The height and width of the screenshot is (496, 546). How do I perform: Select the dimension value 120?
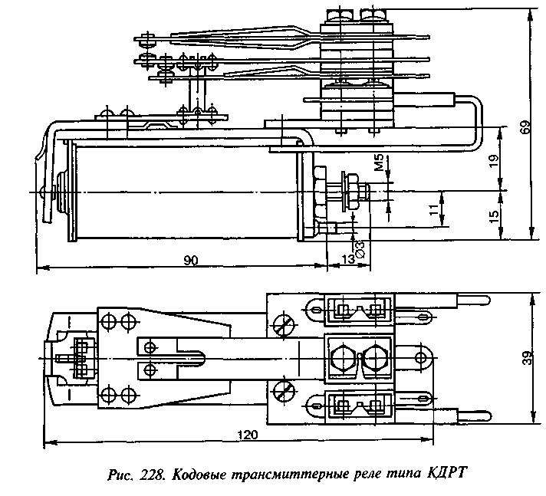[x=248, y=434]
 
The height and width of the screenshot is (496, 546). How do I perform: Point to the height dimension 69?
[x=525, y=128]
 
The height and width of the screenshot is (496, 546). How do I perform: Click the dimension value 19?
[x=494, y=160]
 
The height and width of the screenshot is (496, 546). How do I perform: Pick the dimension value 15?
[x=494, y=218]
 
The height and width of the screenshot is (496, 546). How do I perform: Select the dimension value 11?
[x=434, y=207]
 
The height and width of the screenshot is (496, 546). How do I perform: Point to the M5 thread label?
[x=378, y=164]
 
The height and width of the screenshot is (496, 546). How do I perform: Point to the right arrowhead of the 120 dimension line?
[x=435, y=442]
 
